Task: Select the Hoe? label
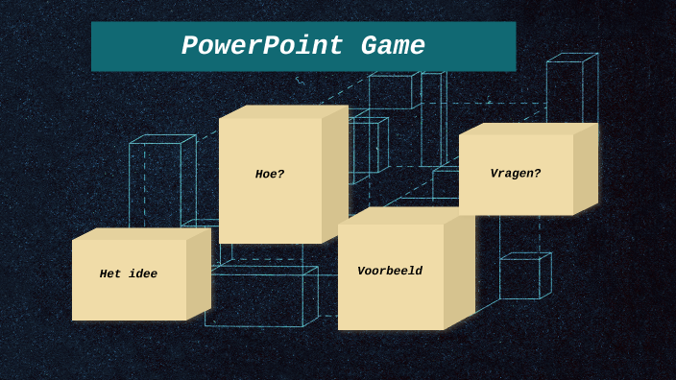[x=270, y=175]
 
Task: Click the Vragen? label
[x=516, y=174]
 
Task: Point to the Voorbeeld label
[x=390, y=272]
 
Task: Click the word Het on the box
[x=110, y=274]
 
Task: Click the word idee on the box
[x=142, y=274]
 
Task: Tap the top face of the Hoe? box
[x=283, y=111]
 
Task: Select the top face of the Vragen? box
[x=528, y=129]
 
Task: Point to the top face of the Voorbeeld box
[x=406, y=217]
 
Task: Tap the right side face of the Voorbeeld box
[x=459, y=271]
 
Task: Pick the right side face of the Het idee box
[x=198, y=273]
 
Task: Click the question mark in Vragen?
[x=538, y=174]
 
